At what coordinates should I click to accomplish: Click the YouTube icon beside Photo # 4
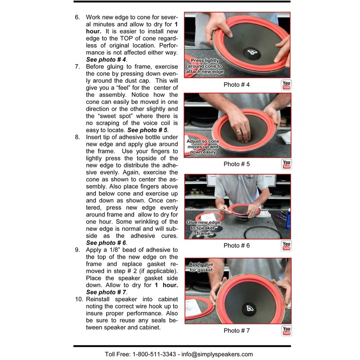(x=286, y=85)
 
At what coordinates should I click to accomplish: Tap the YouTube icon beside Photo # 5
(x=286, y=164)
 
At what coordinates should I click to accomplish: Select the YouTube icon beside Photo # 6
(x=286, y=246)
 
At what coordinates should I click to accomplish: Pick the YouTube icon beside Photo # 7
(x=286, y=331)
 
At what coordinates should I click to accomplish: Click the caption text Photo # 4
(x=236, y=85)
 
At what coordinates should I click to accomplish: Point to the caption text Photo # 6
(x=236, y=246)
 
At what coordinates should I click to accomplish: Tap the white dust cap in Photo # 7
(x=251, y=308)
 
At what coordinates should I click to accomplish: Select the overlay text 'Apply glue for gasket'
(x=202, y=267)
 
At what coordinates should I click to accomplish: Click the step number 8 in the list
(x=77, y=137)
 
